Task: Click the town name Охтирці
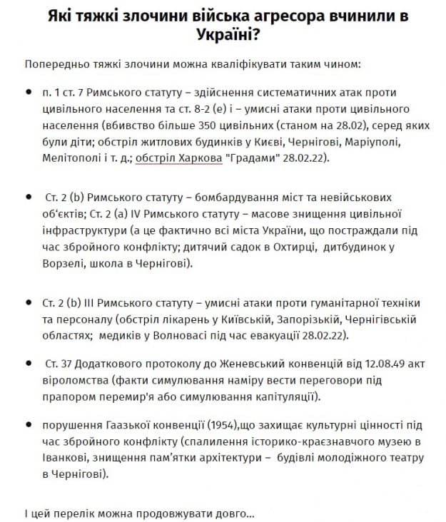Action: click(274, 246)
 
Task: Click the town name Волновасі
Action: click(175, 334)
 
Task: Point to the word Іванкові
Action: click(64, 459)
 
